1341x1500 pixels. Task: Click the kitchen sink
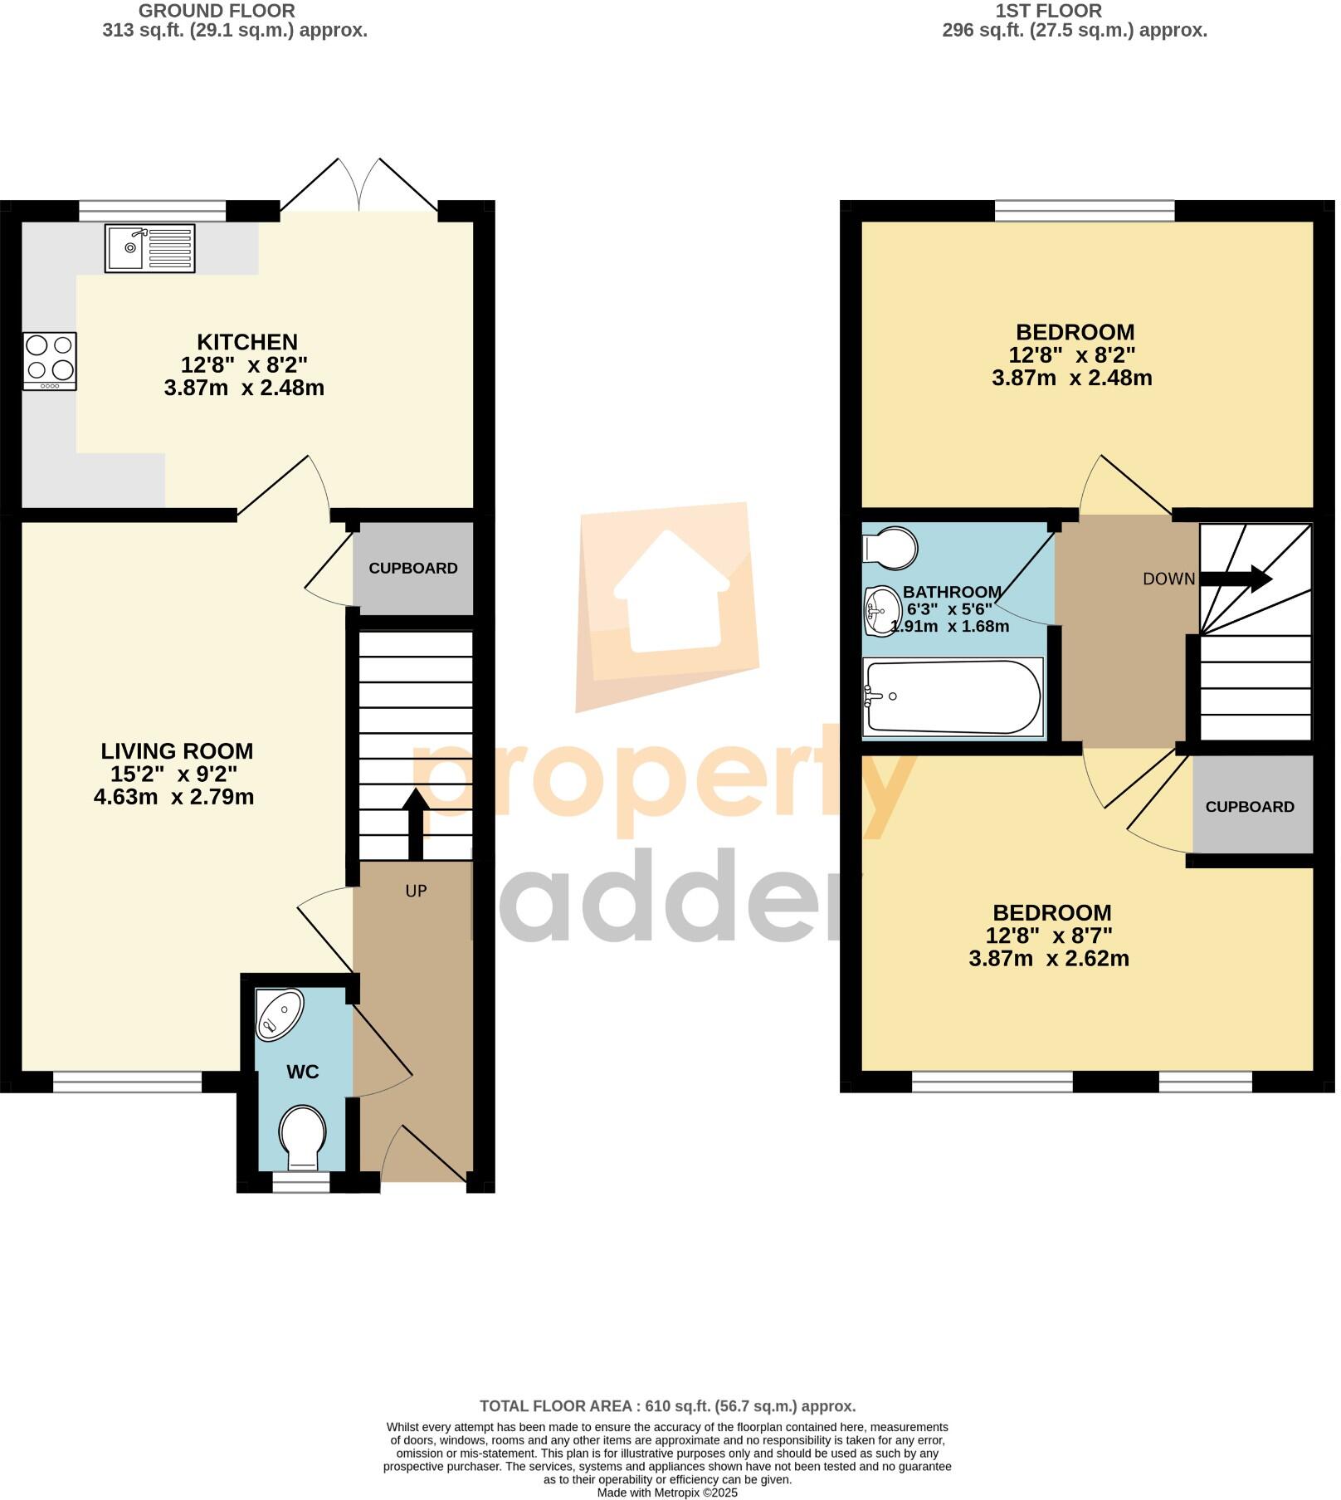149,248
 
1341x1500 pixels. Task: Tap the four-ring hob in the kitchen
50,361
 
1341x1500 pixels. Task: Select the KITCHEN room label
246,342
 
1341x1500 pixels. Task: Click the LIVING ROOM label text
177,751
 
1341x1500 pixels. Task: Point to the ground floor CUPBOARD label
412,569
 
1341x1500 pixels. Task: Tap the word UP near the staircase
416,891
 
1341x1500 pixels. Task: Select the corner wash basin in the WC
277,1014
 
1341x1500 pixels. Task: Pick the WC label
302,1072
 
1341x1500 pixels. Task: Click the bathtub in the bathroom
952,697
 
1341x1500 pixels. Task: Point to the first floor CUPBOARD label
1249,807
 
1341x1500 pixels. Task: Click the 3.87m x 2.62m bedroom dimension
1049,959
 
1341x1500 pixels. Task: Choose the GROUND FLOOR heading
217,11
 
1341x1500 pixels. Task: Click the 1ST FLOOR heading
1049,11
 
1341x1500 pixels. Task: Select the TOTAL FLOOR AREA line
667,1406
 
